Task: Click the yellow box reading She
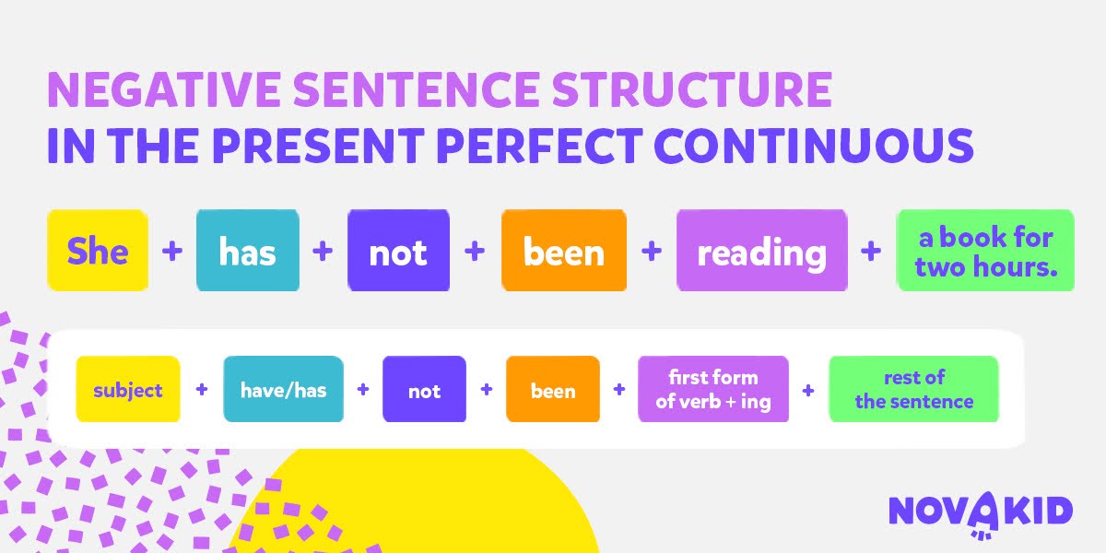pyautogui.click(x=98, y=251)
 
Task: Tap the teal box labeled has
pyautogui.click(x=248, y=251)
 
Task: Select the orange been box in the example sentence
pyautogui.click(x=564, y=251)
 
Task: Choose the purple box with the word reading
pyautogui.click(x=762, y=251)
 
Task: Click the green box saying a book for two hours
pyautogui.click(x=985, y=251)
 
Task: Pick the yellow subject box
pyautogui.click(x=128, y=389)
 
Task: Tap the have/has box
pyautogui.click(x=284, y=389)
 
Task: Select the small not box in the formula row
pyautogui.click(x=424, y=389)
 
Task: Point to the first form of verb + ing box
pyautogui.click(x=713, y=389)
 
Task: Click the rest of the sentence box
pyautogui.click(x=914, y=389)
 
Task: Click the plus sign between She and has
pyautogui.click(x=172, y=252)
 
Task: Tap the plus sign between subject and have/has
pyautogui.click(x=202, y=390)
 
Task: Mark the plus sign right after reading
pyautogui.click(x=871, y=252)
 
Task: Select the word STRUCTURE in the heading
pyautogui.click(x=692, y=89)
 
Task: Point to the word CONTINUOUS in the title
pyautogui.click(x=814, y=146)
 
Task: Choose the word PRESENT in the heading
pyautogui.click(x=319, y=146)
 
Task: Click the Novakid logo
pyautogui.click(x=981, y=513)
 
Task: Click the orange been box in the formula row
pyautogui.click(x=553, y=389)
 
